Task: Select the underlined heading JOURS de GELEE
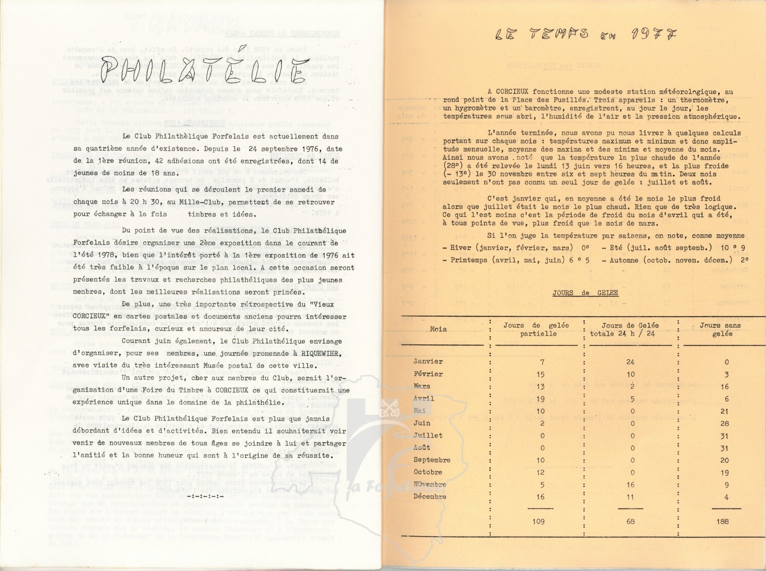click(x=585, y=293)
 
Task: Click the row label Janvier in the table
click(x=428, y=362)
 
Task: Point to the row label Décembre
click(x=430, y=497)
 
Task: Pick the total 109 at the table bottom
click(x=539, y=521)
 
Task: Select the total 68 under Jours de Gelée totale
click(x=630, y=521)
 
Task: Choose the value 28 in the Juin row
click(x=724, y=424)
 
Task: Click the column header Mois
click(x=438, y=329)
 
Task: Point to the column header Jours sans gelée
click(x=720, y=329)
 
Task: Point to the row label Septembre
click(x=432, y=460)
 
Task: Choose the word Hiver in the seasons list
click(x=460, y=248)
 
